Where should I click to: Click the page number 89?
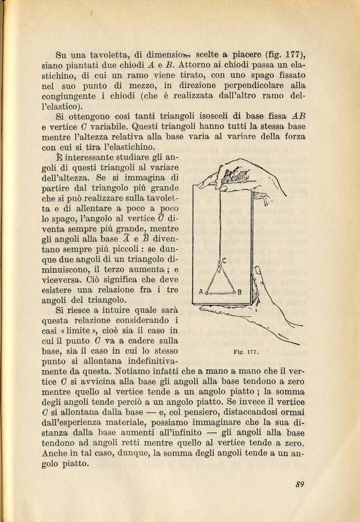[299, 484]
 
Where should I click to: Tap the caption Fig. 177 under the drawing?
[244, 352]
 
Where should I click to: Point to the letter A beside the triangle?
[201, 292]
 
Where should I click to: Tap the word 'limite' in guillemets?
[79, 331]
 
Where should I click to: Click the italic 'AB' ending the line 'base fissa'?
[298, 116]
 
